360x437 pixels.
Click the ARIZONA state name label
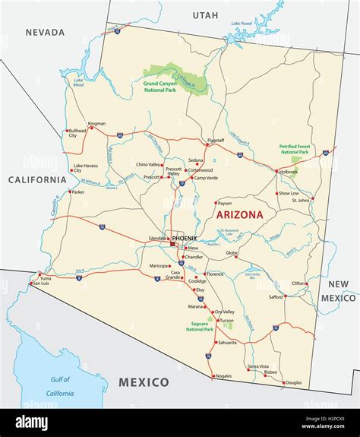click(x=240, y=215)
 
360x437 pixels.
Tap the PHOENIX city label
click(x=185, y=238)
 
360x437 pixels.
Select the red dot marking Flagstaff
click(x=214, y=145)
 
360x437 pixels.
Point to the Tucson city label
click(x=226, y=320)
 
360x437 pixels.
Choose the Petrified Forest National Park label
click(x=298, y=149)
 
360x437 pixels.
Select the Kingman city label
click(x=96, y=123)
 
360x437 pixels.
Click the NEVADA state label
click(x=46, y=33)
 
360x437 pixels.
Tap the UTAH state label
click(x=204, y=15)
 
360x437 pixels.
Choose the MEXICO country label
click(x=143, y=382)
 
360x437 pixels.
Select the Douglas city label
click(x=293, y=382)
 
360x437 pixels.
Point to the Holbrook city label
click(x=289, y=172)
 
